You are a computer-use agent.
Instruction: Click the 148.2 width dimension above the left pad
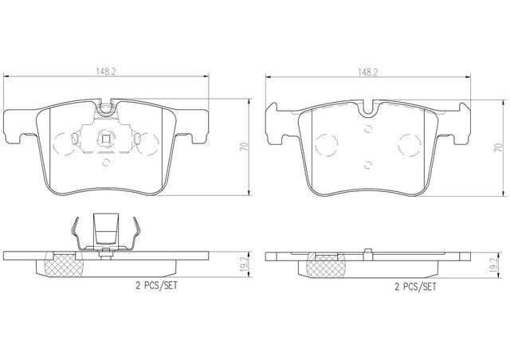point(106,72)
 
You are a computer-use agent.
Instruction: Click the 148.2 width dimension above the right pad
point(368,72)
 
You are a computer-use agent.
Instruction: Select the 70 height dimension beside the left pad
point(244,147)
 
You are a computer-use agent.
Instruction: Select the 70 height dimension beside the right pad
point(497,148)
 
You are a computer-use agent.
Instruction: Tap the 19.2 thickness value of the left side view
point(242,264)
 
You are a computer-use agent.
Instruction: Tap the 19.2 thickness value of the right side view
point(496,265)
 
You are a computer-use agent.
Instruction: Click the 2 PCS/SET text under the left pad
point(157,286)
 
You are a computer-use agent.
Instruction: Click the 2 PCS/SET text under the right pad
point(416,287)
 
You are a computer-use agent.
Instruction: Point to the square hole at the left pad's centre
point(105,139)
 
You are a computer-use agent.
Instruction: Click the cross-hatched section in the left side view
point(64,264)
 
